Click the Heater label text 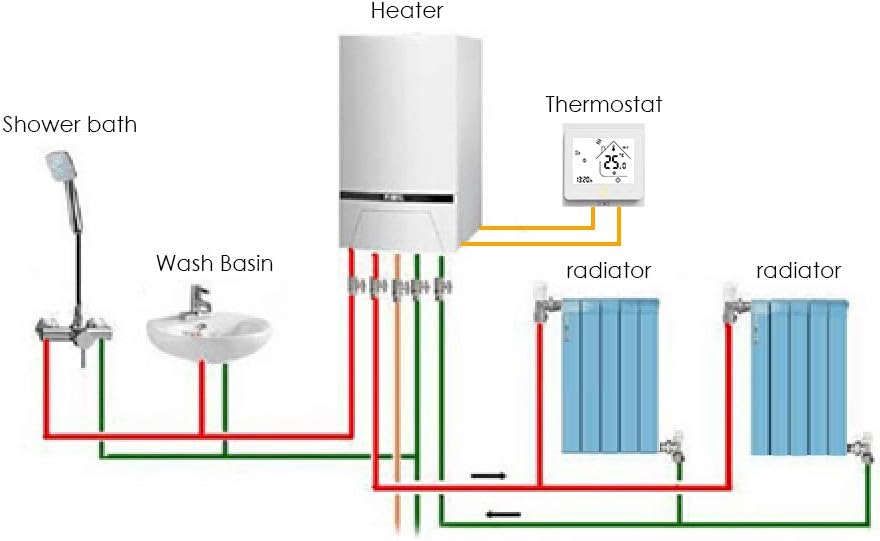coord(406,12)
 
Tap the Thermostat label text coord(603,104)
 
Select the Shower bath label coord(70,126)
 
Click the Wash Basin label coord(214,264)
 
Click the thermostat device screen coord(602,165)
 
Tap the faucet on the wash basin coord(200,298)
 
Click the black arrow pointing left coord(502,515)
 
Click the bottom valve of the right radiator coord(861,445)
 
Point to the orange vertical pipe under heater coord(398,400)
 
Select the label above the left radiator coord(608,270)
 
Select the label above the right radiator coord(798,270)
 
